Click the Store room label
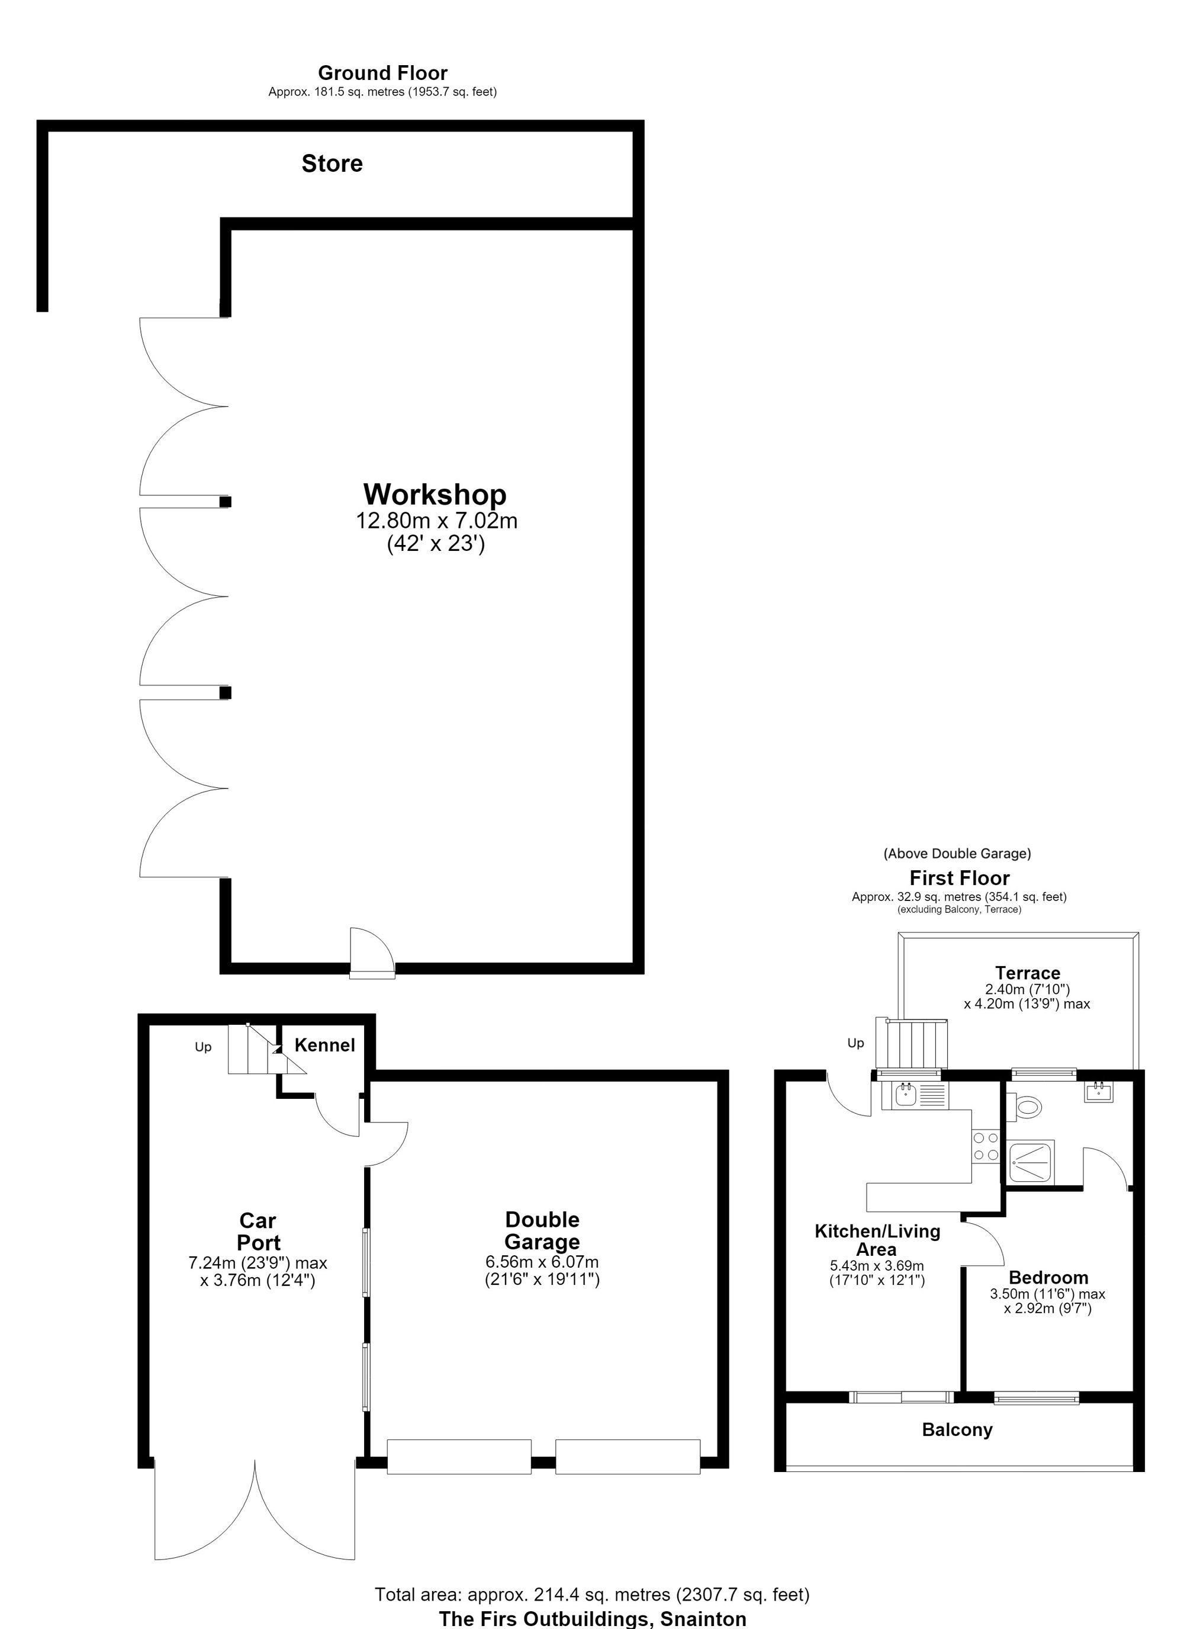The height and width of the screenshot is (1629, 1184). (332, 163)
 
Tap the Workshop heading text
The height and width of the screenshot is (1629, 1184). (435, 494)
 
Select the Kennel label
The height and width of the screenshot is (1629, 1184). (324, 1045)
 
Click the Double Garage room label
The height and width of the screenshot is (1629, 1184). (542, 1230)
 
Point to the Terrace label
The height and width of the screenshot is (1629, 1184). (1028, 973)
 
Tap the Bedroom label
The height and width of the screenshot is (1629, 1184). (1048, 1277)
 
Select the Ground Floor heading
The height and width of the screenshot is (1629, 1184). (382, 72)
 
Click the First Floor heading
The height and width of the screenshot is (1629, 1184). (959, 878)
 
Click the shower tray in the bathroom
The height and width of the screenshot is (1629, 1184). (1032, 1160)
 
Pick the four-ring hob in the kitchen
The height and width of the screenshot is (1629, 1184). (986, 1146)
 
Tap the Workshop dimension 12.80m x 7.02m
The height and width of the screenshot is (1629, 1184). (436, 521)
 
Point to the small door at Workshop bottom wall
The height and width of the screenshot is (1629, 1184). (372, 952)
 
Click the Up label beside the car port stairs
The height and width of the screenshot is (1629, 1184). (203, 1047)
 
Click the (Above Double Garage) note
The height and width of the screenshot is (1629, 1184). (957, 853)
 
